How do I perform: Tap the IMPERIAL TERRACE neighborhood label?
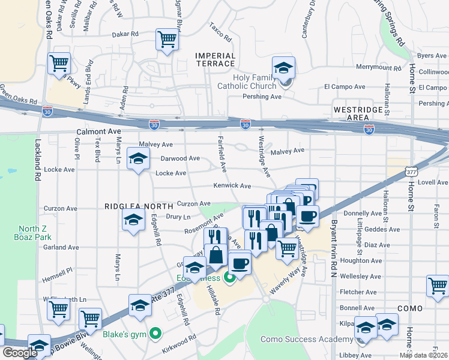pyautogui.click(x=215, y=59)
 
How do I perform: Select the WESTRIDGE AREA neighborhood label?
pyautogui.click(x=358, y=114)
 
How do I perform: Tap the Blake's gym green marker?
pyautogui.click(x=155, y=332)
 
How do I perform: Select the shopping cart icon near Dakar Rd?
pyautogui.click(x=167, y=40)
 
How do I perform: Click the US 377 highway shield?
pyautogui.click(x=410, y=171)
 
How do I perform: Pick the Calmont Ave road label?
pyautogui.click(x=98, y=131)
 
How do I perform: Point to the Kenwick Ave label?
pyautogui.click(x=233, y=186)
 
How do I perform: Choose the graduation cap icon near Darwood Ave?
pyautogui.click(x=138, y=160)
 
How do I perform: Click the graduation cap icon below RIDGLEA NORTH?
pyautogui.click(x=133, y=220)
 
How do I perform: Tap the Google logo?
pyautogui.click(x=19, y=353)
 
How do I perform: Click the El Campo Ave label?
pyautogui.click(x=345, y=86)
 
